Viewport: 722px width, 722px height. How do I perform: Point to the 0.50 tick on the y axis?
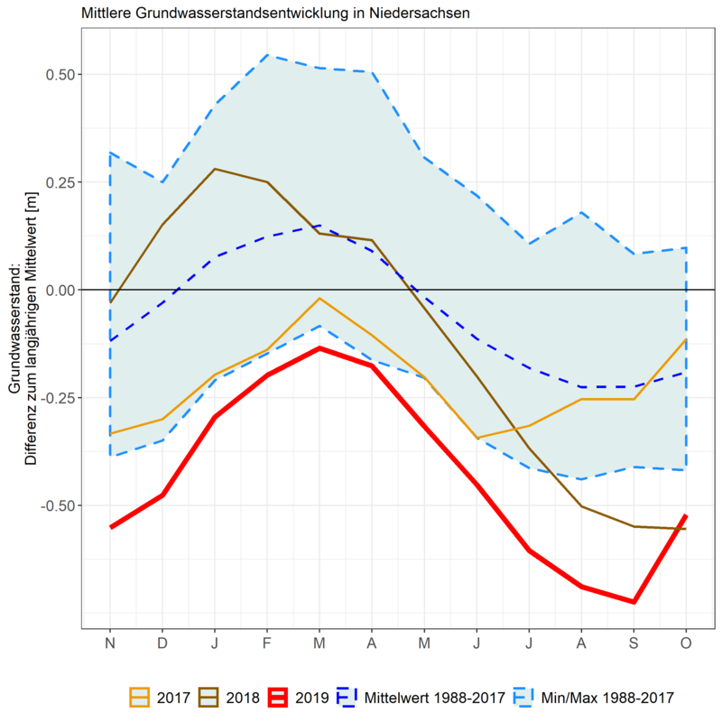point(60,74)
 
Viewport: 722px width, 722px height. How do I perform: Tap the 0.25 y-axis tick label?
point(60,182)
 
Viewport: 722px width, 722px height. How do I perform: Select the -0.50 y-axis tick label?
point(57,504)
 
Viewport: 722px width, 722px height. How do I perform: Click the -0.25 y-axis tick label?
point(57,397)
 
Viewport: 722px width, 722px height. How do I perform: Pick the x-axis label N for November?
point(110,643)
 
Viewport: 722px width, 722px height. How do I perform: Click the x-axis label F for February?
point(267,643)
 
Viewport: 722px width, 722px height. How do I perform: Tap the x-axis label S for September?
point(634,643)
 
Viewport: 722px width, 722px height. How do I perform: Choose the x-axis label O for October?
point(686,643)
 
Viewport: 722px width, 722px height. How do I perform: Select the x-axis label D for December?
point(162,643)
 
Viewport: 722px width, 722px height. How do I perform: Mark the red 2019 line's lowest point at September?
point(634,602)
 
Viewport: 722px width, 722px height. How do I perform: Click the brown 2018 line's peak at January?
point(215,169)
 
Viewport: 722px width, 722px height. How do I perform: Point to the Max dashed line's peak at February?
point(267,55)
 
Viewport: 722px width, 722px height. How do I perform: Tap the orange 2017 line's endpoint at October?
point(686,339)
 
